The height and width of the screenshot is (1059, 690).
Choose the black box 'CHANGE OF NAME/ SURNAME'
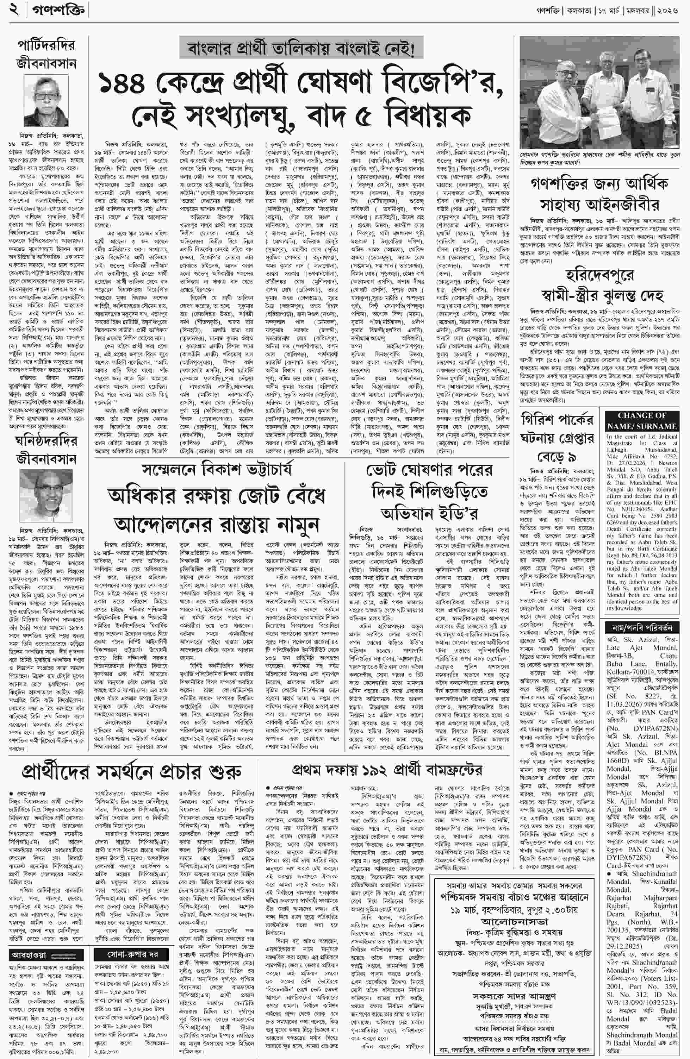641,420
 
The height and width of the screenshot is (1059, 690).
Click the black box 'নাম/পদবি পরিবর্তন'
641,628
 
